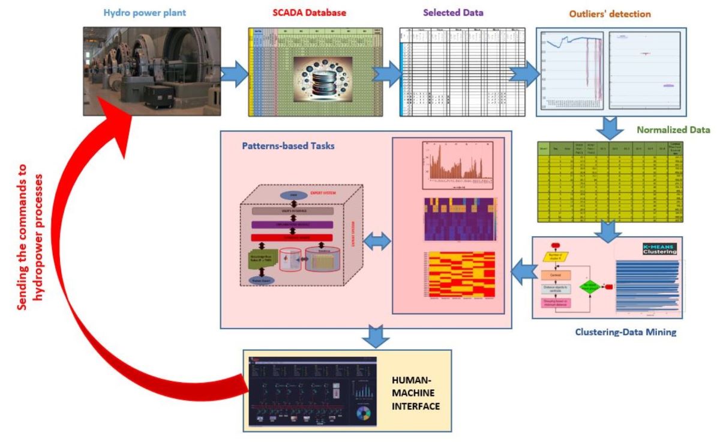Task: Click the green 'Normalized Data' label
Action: coord(673,129)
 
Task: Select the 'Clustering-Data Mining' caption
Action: coord(625,331)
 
